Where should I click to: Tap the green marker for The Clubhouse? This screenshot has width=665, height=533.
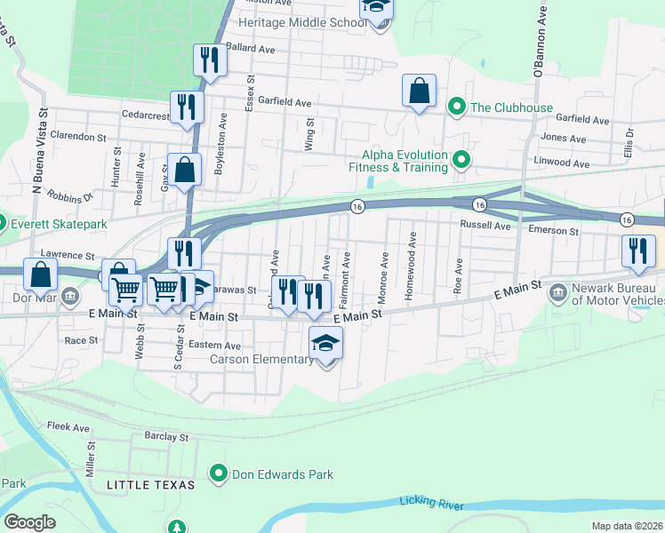coord(457,107)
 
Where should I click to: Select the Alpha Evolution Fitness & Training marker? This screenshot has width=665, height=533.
coord(461,160)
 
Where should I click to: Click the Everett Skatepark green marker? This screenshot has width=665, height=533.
coord(2,223)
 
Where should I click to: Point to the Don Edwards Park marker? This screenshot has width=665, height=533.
coord(218,474)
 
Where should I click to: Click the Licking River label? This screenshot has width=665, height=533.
coord(431,504)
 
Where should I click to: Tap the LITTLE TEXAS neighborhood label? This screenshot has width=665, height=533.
coord(147,484)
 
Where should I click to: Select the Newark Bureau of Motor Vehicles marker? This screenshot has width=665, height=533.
coord(557,292)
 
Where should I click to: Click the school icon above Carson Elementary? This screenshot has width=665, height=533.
coord(326,342)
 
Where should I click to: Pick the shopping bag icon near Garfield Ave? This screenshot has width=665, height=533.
coord(419,90)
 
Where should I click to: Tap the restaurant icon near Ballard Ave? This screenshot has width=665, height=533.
coord(210,60)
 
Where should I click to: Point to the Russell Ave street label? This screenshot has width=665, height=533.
coord(485,226)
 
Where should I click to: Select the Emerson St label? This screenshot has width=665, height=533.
coord(553,231)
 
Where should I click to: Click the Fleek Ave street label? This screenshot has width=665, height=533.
coord(68,427)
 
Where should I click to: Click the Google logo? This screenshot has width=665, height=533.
coord(29,521)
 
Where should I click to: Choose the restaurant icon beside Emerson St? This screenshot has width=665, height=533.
coord(637,251)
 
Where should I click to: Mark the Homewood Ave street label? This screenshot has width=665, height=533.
coord(411,267)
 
